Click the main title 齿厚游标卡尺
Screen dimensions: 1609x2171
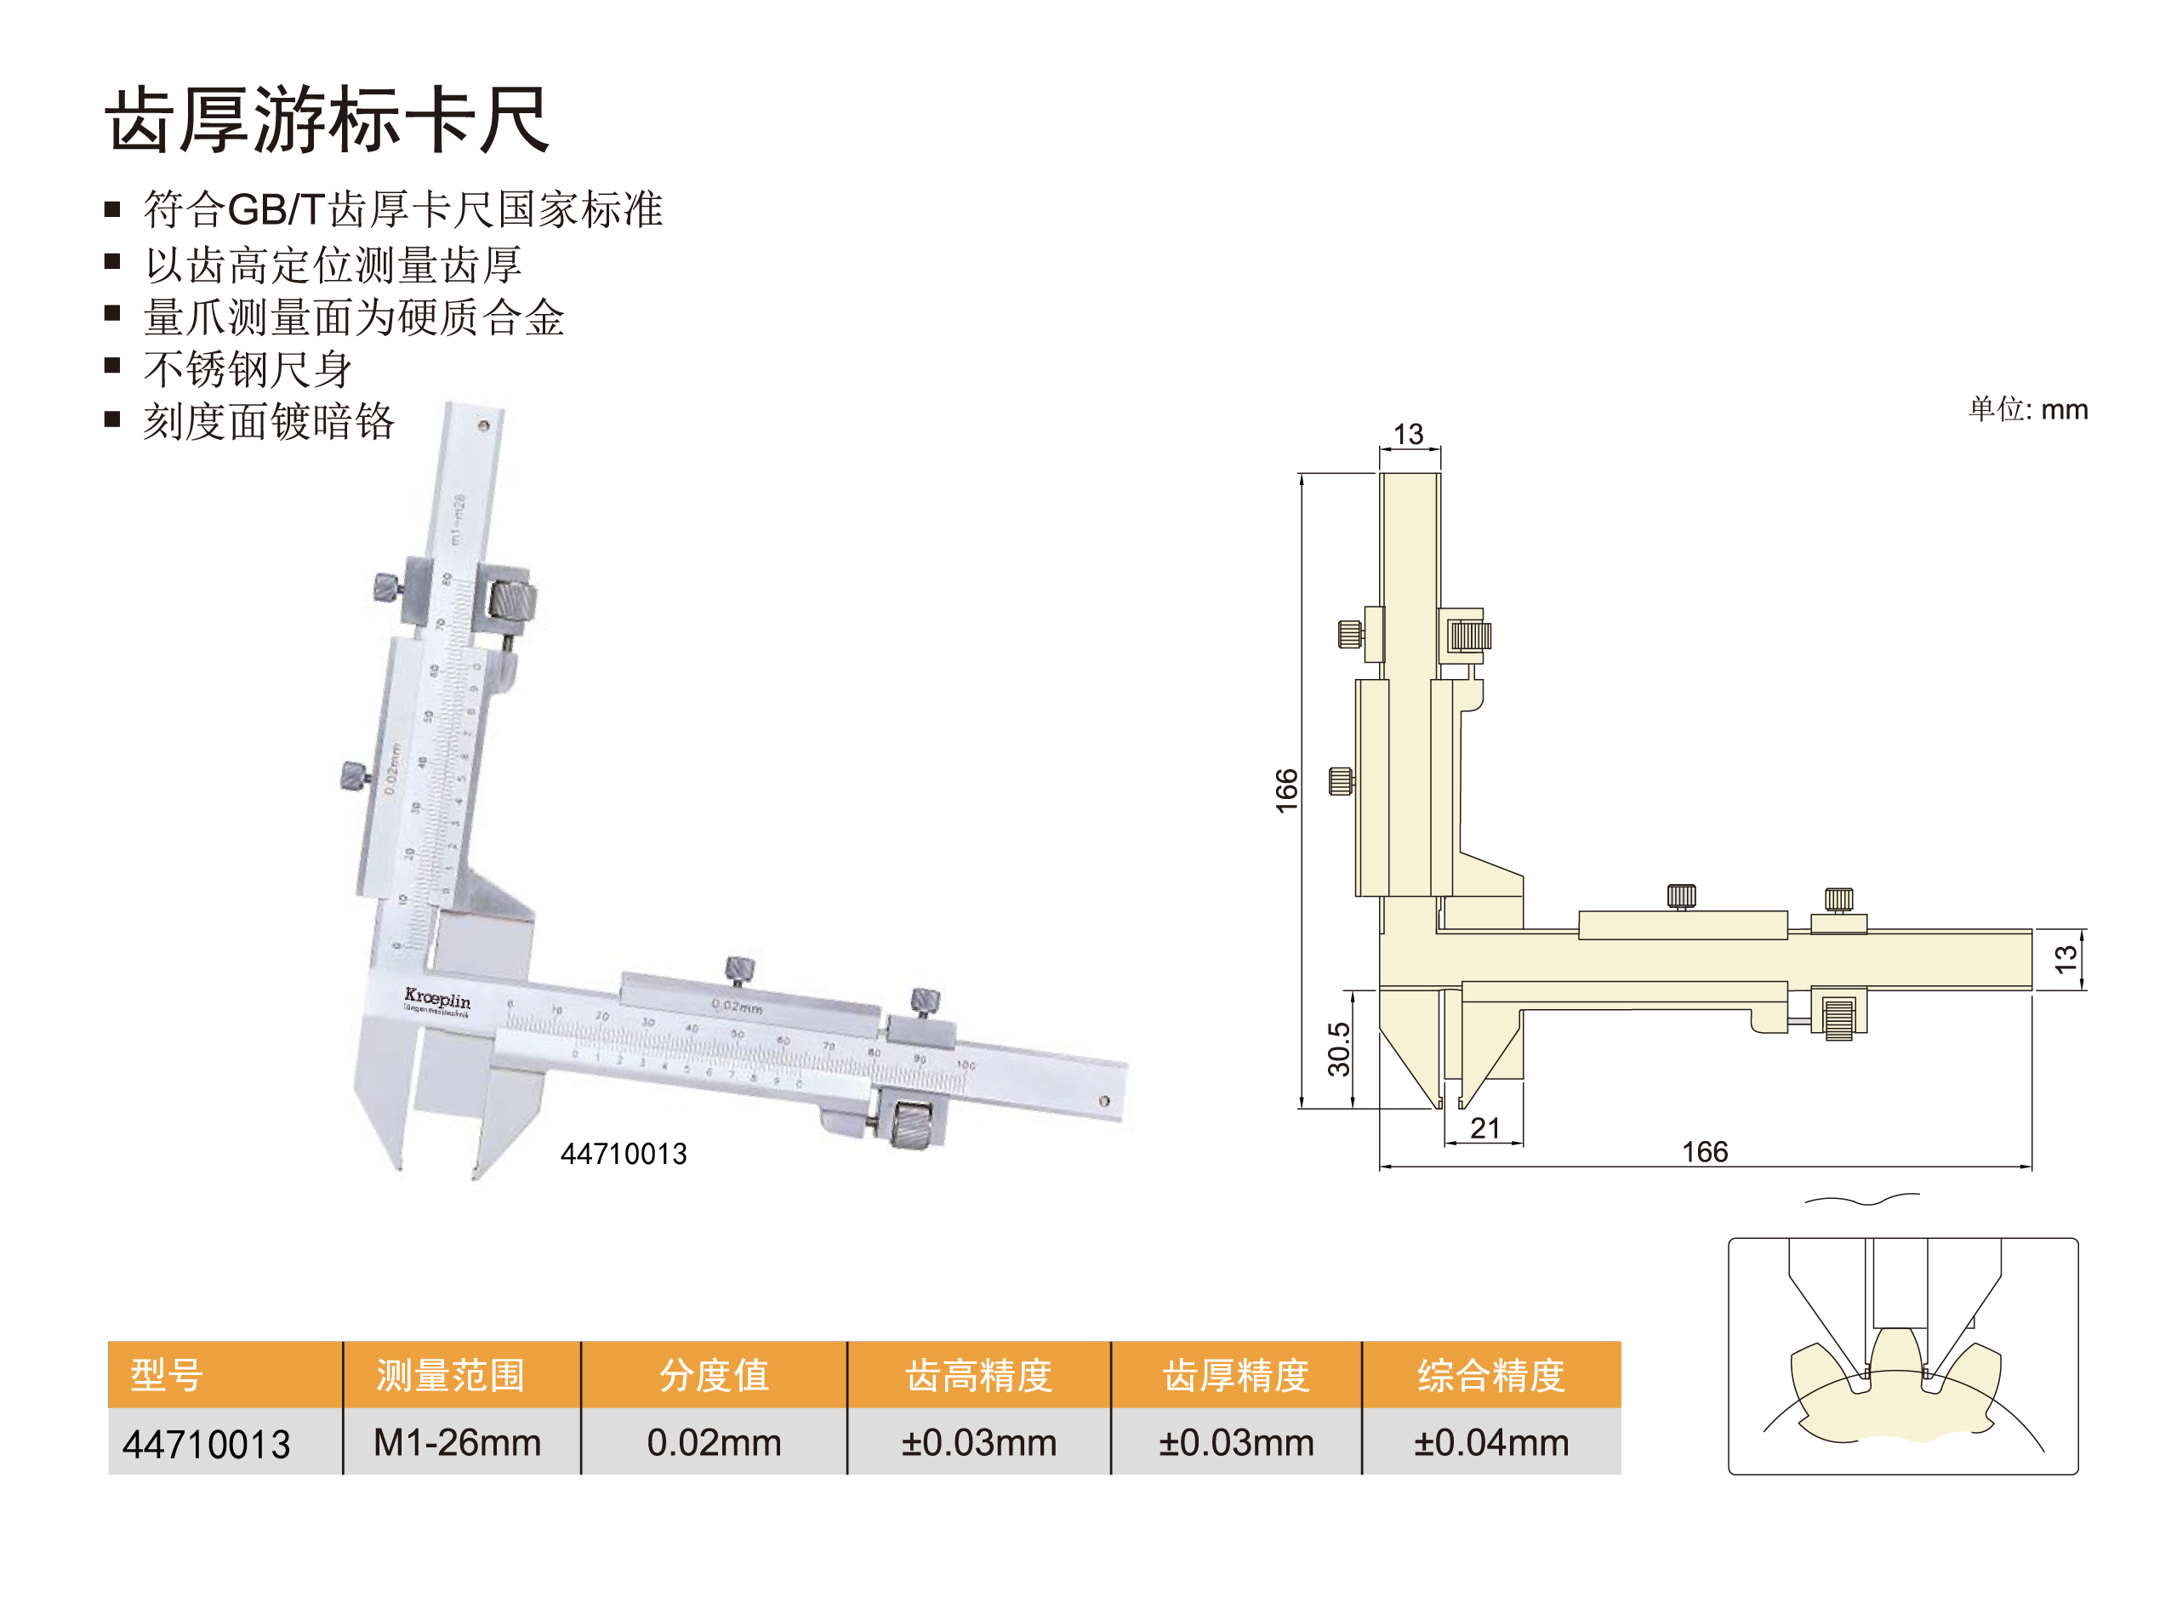coord(328,120)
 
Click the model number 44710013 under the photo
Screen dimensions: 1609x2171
coord(623,1154)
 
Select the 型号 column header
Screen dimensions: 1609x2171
coord(167,1374)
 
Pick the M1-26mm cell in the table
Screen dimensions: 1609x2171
coord(457,1442)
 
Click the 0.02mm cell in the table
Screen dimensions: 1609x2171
coord(714,1442)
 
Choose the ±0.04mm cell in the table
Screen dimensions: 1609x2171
coord(1490,1442)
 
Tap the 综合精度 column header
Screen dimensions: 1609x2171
coord(1490,1374)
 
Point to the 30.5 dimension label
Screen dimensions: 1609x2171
coord(1340,1049)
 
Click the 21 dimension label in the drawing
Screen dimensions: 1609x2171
coord(1484,1128)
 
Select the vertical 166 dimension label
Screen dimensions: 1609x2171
coord(1287,790)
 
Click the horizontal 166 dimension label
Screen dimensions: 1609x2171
coord(1705,1152)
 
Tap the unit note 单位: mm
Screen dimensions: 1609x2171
coord(2028,409)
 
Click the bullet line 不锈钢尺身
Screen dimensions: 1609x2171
coord(248,369)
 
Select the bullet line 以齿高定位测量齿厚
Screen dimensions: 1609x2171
coord(333,264)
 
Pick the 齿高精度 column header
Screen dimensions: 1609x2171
coord(978,1374)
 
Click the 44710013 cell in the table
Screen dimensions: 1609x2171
coord(207,1443)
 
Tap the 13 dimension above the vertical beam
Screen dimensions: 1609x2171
coord(1408,433)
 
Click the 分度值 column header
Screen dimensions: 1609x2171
coord(714,1374)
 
